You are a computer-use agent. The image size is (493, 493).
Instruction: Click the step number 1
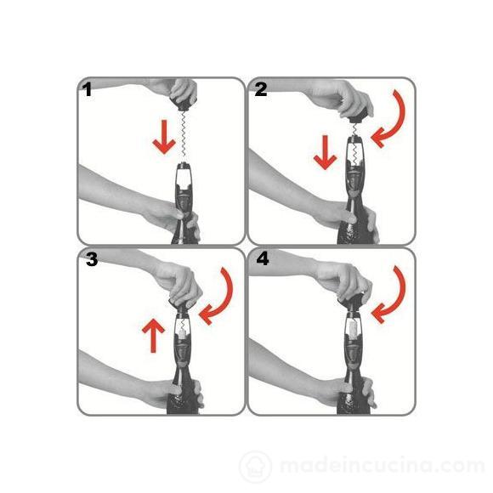coord(87,89)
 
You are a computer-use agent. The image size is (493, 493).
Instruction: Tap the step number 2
coord(261,89)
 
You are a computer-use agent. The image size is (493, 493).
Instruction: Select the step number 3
coord(92,260)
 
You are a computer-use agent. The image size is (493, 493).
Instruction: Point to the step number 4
coord(263,259)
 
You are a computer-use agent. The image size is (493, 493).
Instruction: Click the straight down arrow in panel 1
coord(164,137)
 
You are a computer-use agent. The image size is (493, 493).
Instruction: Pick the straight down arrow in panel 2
coord(325,152)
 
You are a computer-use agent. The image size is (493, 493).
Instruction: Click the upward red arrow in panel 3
coord(153,335)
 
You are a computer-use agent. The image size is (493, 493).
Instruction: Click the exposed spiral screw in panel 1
coord(184,136)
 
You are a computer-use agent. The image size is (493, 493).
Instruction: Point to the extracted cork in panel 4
coord(353,328)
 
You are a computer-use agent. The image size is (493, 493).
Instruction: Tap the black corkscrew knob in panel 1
coord(184,104)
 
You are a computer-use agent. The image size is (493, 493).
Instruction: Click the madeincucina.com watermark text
coord(382,467)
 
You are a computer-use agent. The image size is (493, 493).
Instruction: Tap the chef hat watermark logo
coord(256,467)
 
